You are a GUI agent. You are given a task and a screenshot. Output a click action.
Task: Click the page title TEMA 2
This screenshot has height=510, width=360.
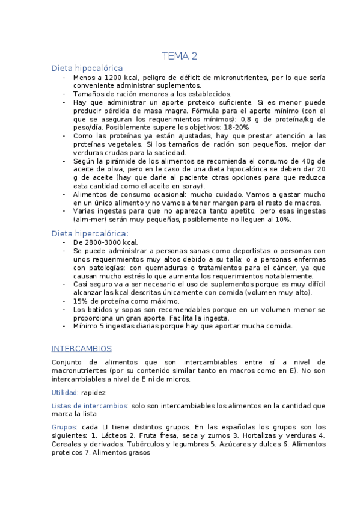180,57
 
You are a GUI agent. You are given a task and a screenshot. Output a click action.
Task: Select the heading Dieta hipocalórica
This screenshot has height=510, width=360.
87,69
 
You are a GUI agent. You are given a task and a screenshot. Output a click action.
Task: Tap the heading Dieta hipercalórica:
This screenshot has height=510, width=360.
90,233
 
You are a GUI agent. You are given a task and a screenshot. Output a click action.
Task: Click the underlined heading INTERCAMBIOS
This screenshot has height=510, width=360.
81,349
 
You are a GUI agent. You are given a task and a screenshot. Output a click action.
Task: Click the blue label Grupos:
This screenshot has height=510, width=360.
65,426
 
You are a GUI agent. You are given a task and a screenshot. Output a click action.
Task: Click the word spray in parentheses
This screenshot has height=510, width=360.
187,186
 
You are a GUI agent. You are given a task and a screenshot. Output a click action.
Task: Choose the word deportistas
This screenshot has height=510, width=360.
239,250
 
